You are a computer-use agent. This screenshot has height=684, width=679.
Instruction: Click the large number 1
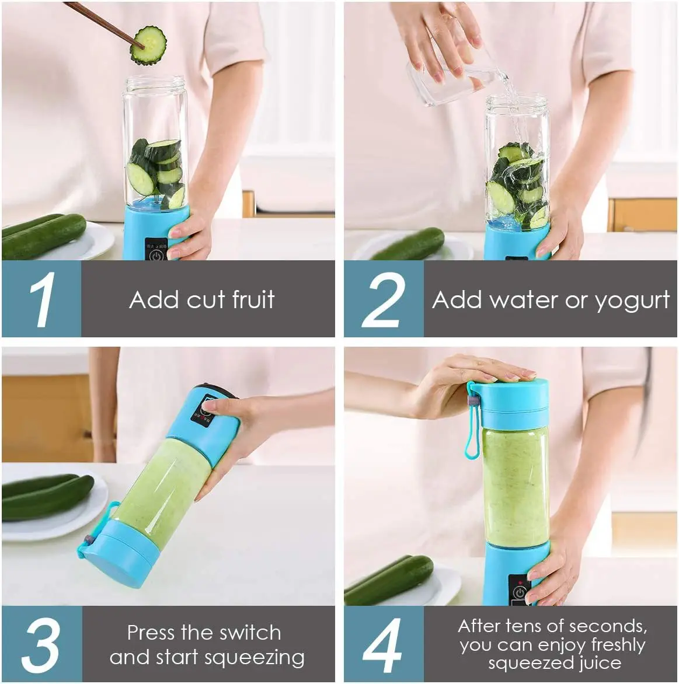[x=41, y=299]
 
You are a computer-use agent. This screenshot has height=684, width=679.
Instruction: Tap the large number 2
[x=383, y=299]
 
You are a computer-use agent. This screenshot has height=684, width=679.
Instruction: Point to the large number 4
[x=382, y=645]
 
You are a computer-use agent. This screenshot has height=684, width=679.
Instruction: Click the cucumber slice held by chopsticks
[x=148, y=46]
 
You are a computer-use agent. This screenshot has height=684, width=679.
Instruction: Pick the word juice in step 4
[x=597, y=663]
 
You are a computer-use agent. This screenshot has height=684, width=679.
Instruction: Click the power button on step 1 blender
[x=156, y=254]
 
